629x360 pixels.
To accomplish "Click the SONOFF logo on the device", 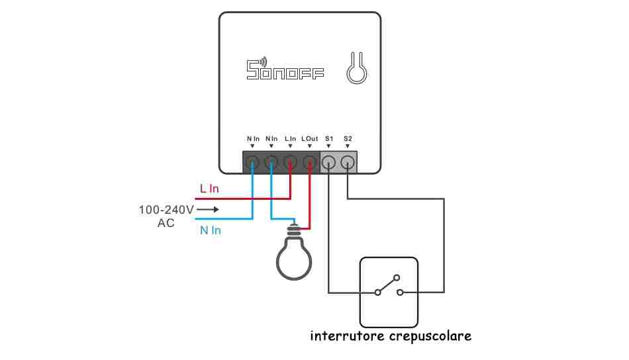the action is (x=285, y=69).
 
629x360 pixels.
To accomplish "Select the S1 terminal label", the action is (x=329, y=139).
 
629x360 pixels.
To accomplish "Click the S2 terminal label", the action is (x=348, y=139).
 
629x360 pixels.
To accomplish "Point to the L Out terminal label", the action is (x=310, y=139).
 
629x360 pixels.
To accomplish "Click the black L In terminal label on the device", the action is (x=291, y=139).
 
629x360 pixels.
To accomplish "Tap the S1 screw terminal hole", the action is (x=329, y=162).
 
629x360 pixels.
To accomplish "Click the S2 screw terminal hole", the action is (x=348, y=162).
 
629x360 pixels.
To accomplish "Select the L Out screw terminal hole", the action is (x=310, y=162).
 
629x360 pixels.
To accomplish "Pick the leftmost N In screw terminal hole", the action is (x=252, y=162).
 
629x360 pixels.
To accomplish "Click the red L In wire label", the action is (x=209, y=189).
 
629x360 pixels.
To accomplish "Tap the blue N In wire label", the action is (x=210, y=230).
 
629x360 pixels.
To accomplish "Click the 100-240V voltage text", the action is (x=166, y=210).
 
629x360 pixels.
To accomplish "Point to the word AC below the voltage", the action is (x=166, y=223).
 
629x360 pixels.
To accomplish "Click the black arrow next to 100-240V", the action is (x=208, y=209).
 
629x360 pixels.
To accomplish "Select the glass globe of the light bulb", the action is (x=294, y=258).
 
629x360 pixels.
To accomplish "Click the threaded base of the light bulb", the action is (x=294, y=230).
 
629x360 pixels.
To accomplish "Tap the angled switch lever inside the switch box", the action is (x=387, y=285).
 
